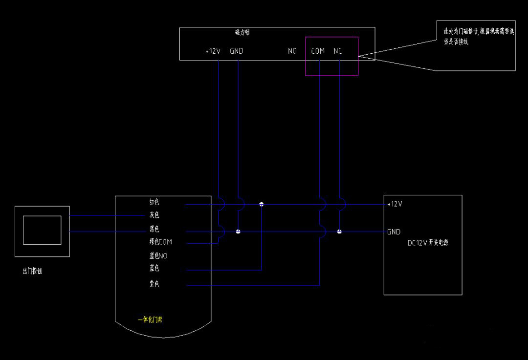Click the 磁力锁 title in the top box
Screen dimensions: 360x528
(x=242, y=33)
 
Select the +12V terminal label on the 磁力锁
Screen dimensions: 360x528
(x=213, y=51)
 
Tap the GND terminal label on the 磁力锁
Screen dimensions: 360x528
(x=237, y=51)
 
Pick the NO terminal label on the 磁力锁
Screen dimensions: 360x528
(x=292, y=51)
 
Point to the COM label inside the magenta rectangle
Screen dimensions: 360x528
(x=318, y=51)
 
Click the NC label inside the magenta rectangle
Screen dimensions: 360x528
(x=338, y=51)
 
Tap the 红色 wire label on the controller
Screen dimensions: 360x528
(x=154, y=202)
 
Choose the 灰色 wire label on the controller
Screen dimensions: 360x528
(x=154, y=215)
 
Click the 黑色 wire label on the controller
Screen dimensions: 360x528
(x=154, y=229)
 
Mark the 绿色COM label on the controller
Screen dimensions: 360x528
(x=160, y=242)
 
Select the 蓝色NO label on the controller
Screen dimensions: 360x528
(x=158, y=255)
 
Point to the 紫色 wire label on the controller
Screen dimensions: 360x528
(x=154, y=284)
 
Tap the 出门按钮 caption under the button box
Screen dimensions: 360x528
(x=32, y=272)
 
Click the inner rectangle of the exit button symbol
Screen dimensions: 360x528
(x=42, y=230)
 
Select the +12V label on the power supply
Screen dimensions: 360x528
(x=395, y=204)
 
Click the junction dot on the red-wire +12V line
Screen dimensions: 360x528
(x=262, y=204)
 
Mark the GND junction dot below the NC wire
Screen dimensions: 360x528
(x=339, y=232)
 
